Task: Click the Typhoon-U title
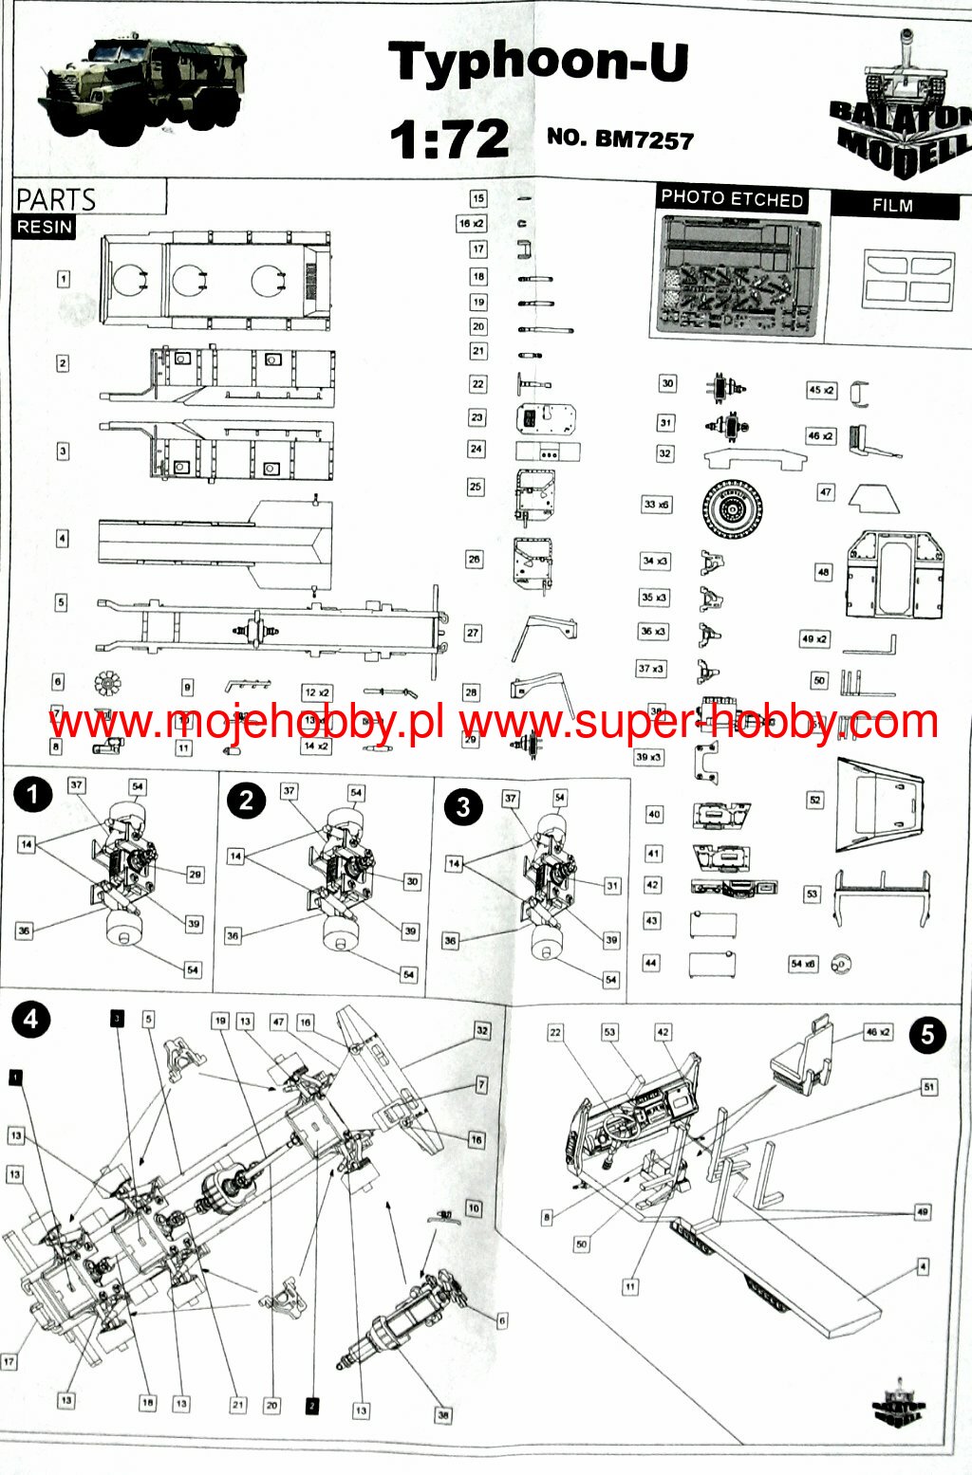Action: pos(538,62)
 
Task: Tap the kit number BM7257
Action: pos(620,138)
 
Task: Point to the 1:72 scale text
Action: pos(449,139)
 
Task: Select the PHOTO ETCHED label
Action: pos(732,198)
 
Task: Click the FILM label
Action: pos(892,205)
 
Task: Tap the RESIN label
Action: pos(45,227)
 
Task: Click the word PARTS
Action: pos(56,199)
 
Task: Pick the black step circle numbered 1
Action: pos(33,794)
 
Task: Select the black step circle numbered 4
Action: pos(31,1019)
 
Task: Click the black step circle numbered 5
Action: pos(927,1033)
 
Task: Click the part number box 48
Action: pos(823,572)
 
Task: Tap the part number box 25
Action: pos(476,487)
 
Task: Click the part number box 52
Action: pos(814,800)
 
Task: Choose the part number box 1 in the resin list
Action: pos(63,279)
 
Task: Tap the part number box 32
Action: pos(664,453)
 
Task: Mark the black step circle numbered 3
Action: pos(462,807)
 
